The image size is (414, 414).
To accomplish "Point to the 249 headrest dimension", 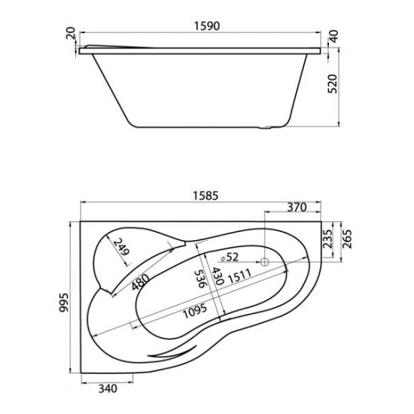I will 122,247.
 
